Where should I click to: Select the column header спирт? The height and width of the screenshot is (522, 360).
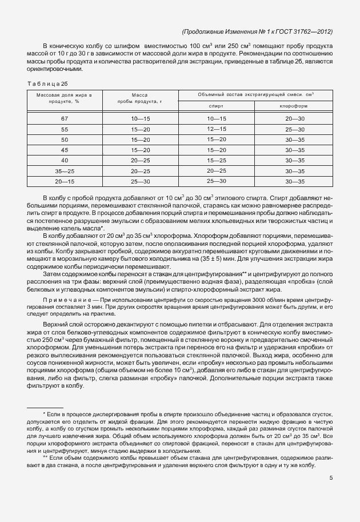point(216,106)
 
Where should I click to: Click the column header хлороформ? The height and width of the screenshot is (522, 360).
point(294,106)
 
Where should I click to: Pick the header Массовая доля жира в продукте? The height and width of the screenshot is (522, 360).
point(64,98)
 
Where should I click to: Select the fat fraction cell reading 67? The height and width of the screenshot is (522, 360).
point(64,118)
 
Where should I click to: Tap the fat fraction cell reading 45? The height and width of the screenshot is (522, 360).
point(64,150)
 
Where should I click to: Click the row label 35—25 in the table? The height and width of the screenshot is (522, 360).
point(64,171)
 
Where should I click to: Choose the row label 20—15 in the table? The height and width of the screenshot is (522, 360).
point(64,181)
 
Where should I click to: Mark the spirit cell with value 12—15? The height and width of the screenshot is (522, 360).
point(217,129)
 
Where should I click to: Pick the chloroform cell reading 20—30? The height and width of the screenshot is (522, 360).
point(294,118)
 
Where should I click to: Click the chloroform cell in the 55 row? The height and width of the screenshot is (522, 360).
point(294,129)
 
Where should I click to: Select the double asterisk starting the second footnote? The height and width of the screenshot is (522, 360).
point(45,458)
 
